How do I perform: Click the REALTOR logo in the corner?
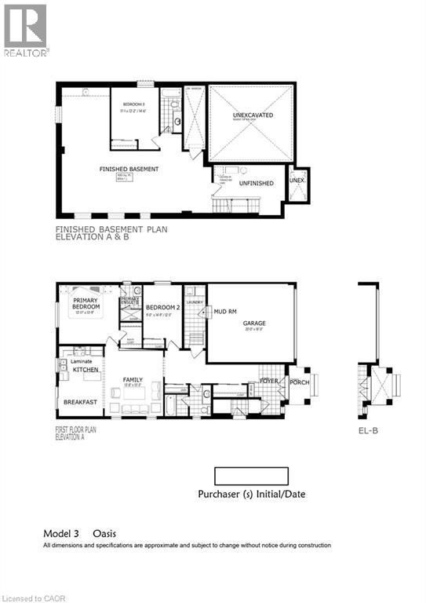(x=26, y=30)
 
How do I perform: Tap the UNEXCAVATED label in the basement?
(x=250, y=115)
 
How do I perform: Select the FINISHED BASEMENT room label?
(x=129, y=170)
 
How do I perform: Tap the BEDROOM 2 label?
(x=162, y=308)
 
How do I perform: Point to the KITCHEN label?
(x=85, y=368)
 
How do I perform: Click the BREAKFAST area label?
(x=81, y=402)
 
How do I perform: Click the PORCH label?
(x=299, y=382)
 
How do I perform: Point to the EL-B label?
(x=368, y=430)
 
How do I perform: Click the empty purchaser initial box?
(x=251, y=476)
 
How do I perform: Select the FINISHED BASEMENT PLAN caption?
(x=111, y=229)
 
